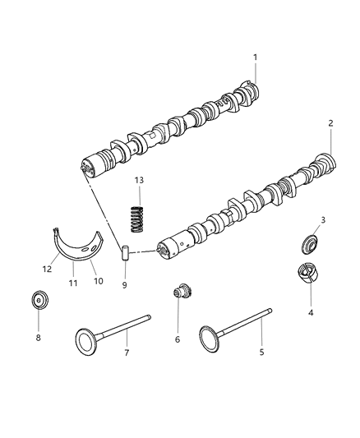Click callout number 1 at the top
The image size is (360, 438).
255,57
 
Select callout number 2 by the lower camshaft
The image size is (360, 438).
330,123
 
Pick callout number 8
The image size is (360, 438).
37,336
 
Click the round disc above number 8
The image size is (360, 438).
38,299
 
